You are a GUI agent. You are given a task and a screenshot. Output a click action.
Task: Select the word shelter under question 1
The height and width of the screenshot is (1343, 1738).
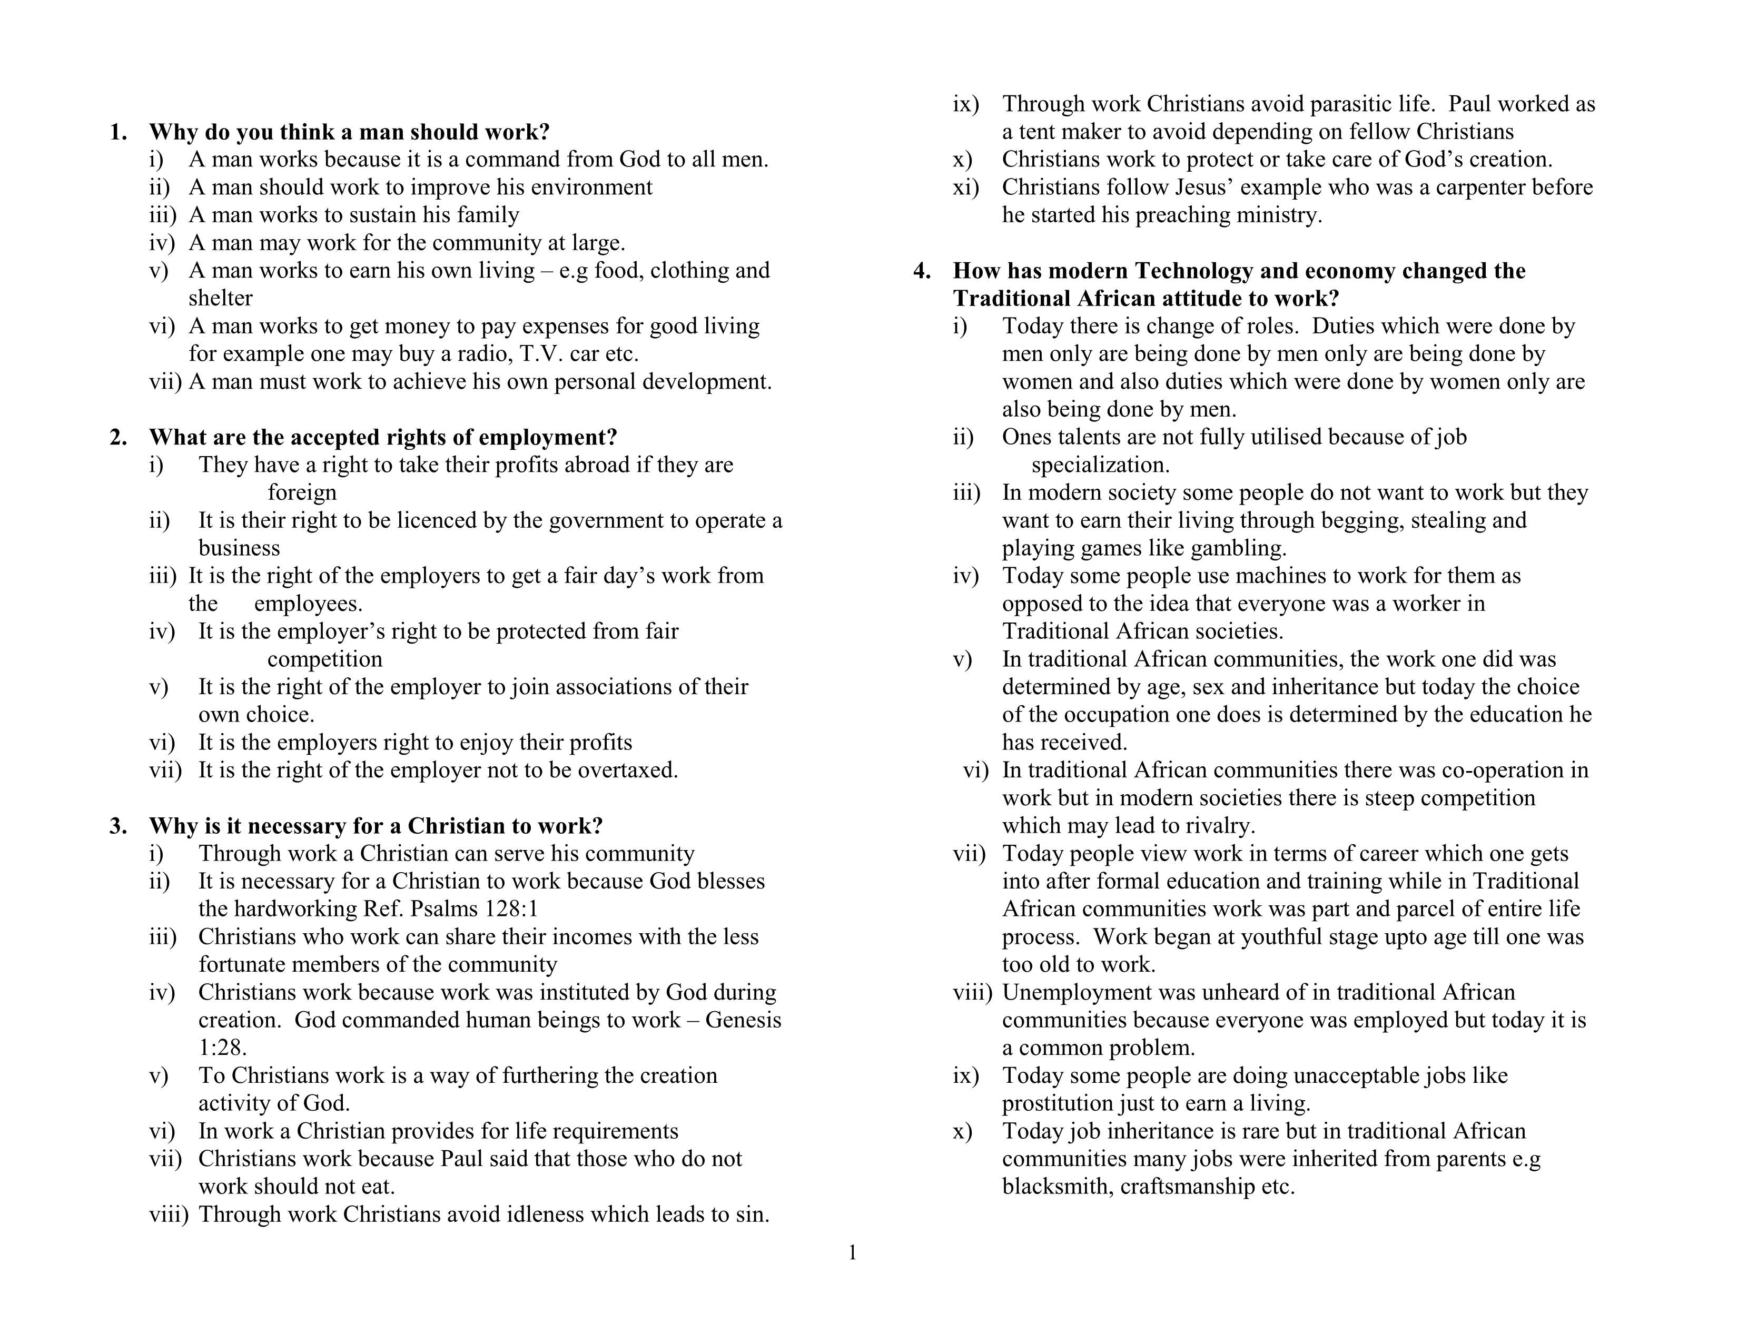[221, 298]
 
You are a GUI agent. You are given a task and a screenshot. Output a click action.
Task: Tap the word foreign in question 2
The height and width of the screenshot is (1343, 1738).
[302, 492]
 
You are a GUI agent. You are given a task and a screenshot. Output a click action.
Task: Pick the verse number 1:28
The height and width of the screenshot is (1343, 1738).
[222, 1048]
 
